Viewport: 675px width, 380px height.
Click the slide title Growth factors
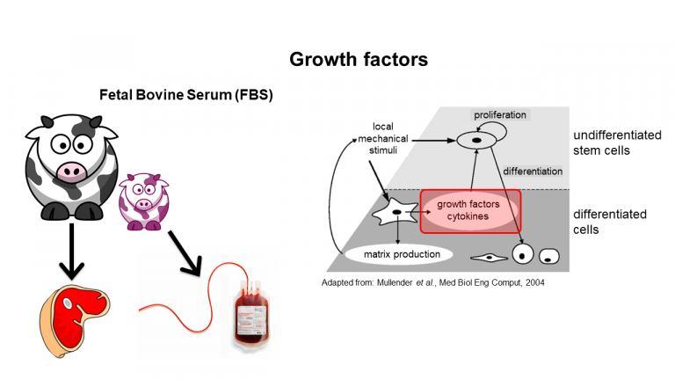click(x=359, y=60)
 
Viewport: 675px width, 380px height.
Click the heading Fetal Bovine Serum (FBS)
click(x=186, y=95)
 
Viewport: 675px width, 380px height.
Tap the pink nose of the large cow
click(x=72, y=171)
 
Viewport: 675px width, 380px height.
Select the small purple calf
click(x=144, y=201)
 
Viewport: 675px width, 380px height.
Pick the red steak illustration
click(x=75, y=320)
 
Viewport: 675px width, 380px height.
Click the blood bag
click(x=251, y=313)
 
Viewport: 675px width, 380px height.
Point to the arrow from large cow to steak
click(x=71, y=252)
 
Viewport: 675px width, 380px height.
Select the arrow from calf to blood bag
click(x=185, y=253)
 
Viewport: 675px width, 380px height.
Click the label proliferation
click(x=500, y=115)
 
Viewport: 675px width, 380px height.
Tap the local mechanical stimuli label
click(x=383, y=138)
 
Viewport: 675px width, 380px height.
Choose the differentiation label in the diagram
click(x=533, y=172)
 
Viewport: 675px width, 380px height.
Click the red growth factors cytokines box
click(x=470, y=211)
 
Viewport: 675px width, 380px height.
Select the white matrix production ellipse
click(x=399, y=254)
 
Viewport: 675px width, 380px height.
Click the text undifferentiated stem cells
click(x=617, y=142)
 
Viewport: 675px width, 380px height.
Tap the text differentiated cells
click(x=610, y=222)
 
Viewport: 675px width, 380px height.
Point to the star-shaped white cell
click(x=395, y=212)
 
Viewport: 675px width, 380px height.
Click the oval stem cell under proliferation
click(x=476, y=141)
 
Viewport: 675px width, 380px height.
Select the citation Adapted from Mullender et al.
click(x=433, y=282)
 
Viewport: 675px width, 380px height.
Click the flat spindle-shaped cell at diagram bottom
click(x=490, y=258)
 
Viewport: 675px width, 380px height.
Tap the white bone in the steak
click(x=68, y=303)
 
